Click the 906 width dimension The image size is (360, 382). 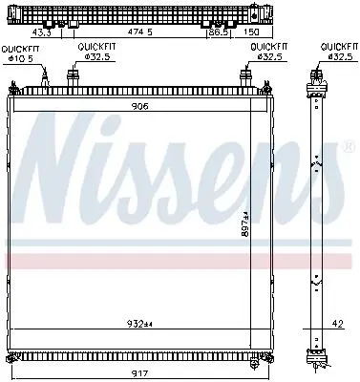coord(140,106)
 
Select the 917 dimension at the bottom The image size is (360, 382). coord(140,373)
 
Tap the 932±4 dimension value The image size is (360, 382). coord(140,324)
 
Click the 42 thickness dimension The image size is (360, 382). coord(338,324)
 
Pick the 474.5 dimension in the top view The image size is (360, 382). coord(140,32)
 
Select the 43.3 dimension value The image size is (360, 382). coord(41,32)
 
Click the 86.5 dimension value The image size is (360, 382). coord(219,32)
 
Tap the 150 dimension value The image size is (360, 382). coord(251,32)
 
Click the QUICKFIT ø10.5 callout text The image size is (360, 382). coord(20,53)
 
